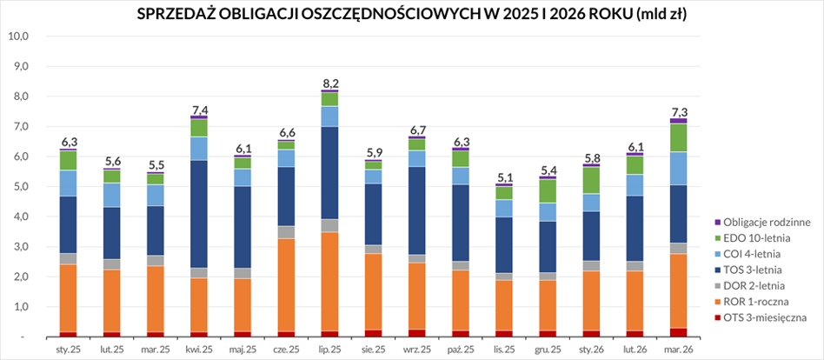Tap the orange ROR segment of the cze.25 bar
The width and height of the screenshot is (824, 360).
(286, 285)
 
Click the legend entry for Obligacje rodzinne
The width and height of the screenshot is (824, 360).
(762, 223)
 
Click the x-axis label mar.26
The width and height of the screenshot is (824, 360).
(678, 349)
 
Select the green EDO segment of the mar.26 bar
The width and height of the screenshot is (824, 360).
(678, 137)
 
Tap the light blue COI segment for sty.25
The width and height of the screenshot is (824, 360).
(69, 183)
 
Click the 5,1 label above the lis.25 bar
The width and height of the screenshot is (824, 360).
(504, 177)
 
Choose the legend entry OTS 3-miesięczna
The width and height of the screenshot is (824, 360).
(761, 317)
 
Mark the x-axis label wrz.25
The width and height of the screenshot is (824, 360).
(416, 349)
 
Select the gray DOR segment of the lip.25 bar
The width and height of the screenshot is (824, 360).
(329, 225)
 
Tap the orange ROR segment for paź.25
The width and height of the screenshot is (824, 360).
(461, 300)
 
